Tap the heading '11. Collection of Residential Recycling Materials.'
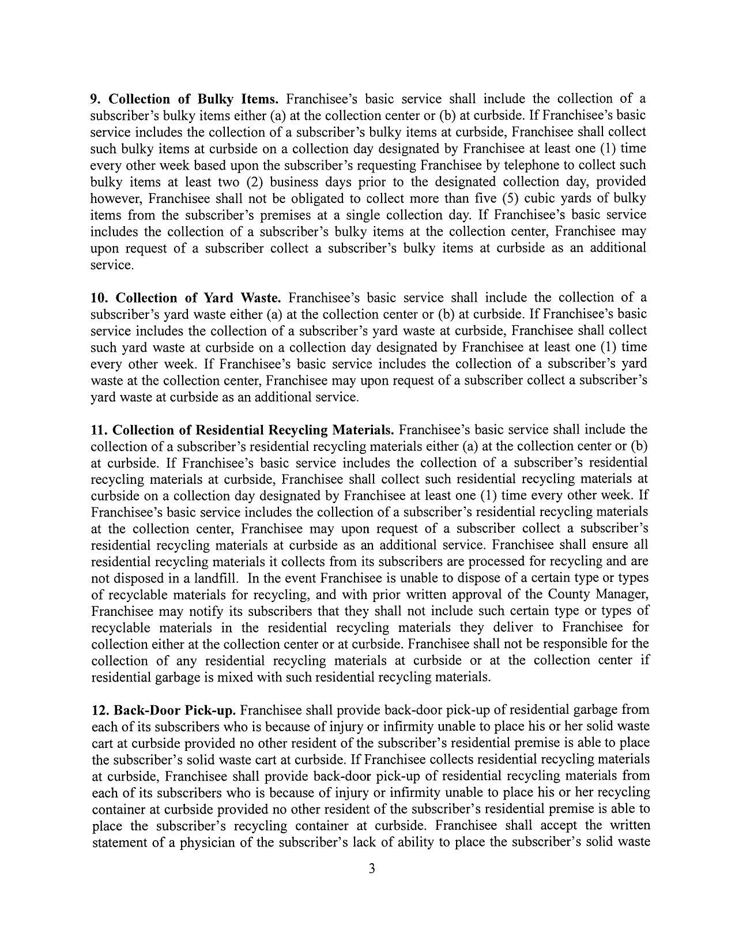click(243, 431)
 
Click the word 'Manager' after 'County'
click(624, 594)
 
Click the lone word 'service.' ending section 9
click(112, 265)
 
